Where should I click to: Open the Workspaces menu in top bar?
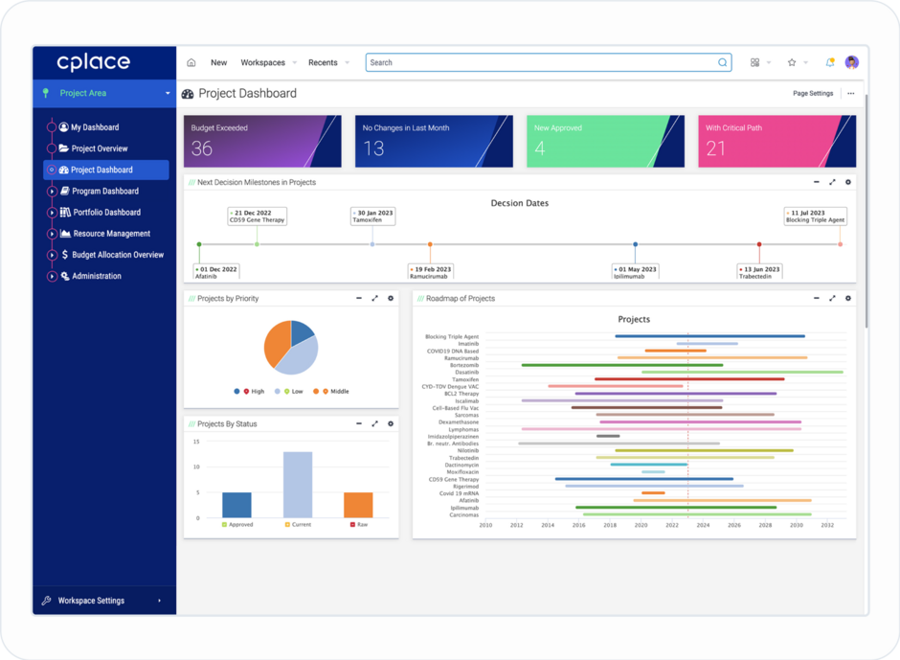263,62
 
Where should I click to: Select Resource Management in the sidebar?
111,234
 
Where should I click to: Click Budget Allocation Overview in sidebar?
118,255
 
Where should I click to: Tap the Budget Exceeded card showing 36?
262,142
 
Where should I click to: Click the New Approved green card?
605,142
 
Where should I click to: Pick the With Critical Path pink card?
776,142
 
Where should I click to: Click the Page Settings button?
813,94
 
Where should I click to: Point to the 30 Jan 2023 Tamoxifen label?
373,216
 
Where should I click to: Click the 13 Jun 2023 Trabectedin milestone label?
760,272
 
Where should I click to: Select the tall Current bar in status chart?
298,485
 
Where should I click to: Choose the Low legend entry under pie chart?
296,392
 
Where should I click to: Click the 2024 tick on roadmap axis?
703,525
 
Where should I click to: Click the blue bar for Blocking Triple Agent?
709,336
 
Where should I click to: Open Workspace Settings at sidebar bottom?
91,601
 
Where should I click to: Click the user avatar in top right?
851,62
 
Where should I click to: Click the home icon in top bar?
191,62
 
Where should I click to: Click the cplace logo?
93,62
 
